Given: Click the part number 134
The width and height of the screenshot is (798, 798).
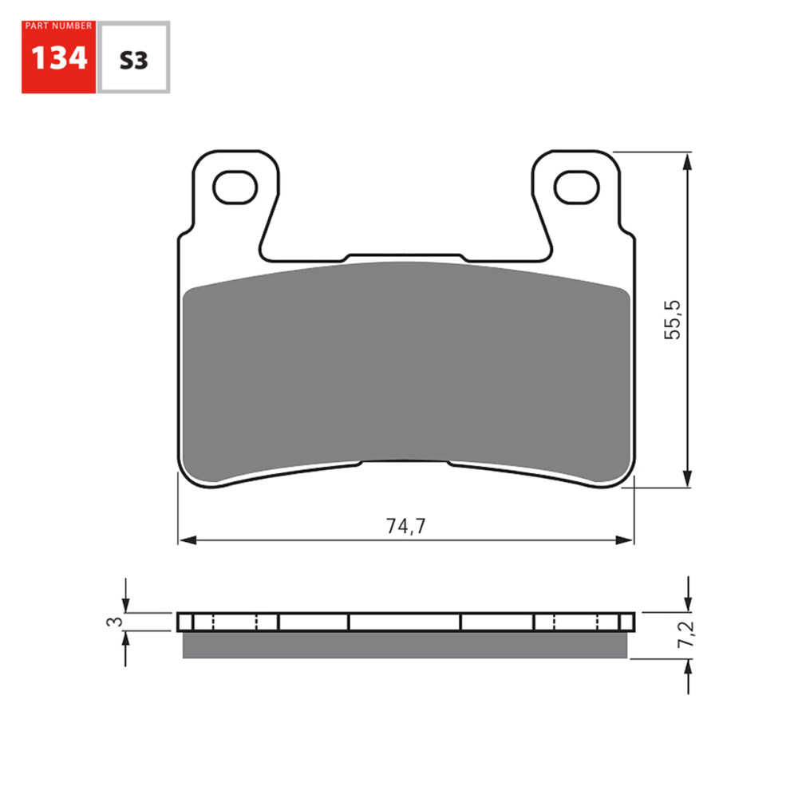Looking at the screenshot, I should (x=57, y=58).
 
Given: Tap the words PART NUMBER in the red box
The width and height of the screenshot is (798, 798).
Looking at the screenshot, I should (x=58, y=26).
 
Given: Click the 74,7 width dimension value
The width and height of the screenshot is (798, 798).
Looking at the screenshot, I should (x=406, y=526).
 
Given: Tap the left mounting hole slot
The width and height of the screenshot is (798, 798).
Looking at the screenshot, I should (x=237, y=188).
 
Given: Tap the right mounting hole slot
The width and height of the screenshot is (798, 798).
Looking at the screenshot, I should (x=576, y=188).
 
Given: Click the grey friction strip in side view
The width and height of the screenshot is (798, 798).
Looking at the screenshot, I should (x=405, y=645).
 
